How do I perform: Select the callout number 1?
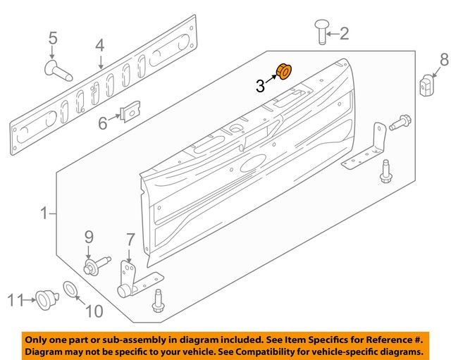pos(44,212)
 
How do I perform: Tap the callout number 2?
pos(344,32)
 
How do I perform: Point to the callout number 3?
pos(260,86)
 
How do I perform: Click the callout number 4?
pos(52,39)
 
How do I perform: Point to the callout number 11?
pos(16,301)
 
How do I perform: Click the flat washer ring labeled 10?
pos(71,289)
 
